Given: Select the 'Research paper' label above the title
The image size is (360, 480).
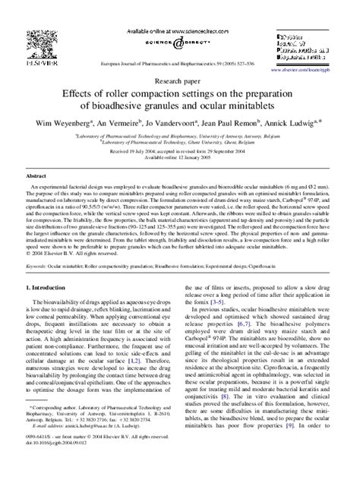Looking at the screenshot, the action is pos(180,78).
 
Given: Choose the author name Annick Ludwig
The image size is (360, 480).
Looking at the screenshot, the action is pos(292,122).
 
